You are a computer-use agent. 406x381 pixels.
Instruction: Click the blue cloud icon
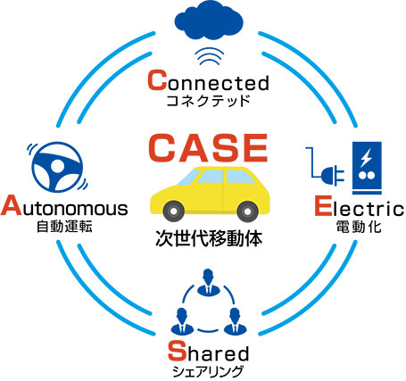pyautogui.click(x=209, y=21)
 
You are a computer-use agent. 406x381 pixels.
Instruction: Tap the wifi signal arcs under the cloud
pyautogui.click(x=209, y=56)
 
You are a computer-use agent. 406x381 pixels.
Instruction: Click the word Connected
pyautogui.click(x=208, y=80)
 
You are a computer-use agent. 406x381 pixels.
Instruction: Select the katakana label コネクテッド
pyautogui.click(x=208, y=101)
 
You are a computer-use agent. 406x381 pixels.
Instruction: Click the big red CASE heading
pyautogui.click(x=208, y=148)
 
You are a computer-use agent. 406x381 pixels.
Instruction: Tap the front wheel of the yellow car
pyautogui.click(x=173, y=211)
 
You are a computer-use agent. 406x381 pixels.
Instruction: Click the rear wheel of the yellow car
pyautogui.click(x=247, y=211)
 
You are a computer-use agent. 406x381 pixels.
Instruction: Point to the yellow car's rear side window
pyautogui.click(x=239, y=177)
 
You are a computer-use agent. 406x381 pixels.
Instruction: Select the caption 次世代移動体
pyautogui.click(x=209, y=238)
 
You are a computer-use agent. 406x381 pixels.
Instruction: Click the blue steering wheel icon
pyautogui.click(x=57, y=167)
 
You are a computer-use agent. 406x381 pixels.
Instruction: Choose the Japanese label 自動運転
pyautogui.click(x=64, y=227)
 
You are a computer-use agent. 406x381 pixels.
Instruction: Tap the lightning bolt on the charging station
pyautogui.click(x=365, y=158)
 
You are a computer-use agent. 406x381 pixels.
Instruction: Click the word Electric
pyautogui.click(x=360, y=206)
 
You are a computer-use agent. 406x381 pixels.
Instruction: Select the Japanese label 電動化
pyautogui.click(x=359, y=227)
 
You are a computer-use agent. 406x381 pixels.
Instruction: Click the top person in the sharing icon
pyautogui.click(x=208, y=282)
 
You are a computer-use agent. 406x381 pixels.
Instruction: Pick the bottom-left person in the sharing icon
pyautogui.click(x=182, y=320)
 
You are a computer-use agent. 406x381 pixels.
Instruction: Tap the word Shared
pyautogui.click(x=208, y=352)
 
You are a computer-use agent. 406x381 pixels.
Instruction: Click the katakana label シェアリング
pyautogui.click(x=208, y=371)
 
